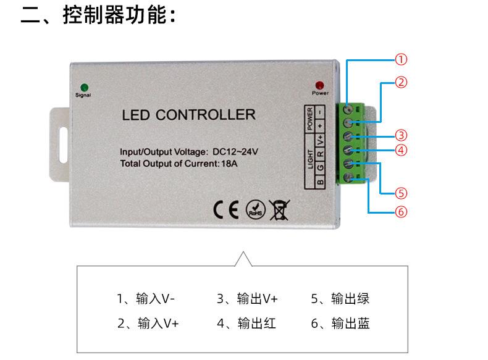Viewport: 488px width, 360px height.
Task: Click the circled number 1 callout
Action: pyautogui.click(x=401, y=60)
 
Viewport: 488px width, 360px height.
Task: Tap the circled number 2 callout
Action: pyautogui.click(x=401, y=82)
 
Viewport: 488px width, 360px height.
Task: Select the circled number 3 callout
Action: pyautogui.click(x=401, y=135)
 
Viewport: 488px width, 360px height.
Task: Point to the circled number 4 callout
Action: pyautogui.click(x=401, y=150)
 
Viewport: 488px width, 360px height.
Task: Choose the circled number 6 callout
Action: pyautogui.click(x=401, y=212)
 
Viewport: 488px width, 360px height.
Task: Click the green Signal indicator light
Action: pyautogui.click(x=83, y=87)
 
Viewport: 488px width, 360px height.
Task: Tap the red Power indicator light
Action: pyautogui.click(x=319, y=85)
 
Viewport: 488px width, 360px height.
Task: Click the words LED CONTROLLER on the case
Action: pyautogui.click(x=188, y=115)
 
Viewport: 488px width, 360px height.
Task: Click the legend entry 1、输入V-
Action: pyautogui.click(x=146, y=299)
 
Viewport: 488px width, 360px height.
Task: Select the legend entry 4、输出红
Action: pyautogui.click(x=246, y=323)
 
